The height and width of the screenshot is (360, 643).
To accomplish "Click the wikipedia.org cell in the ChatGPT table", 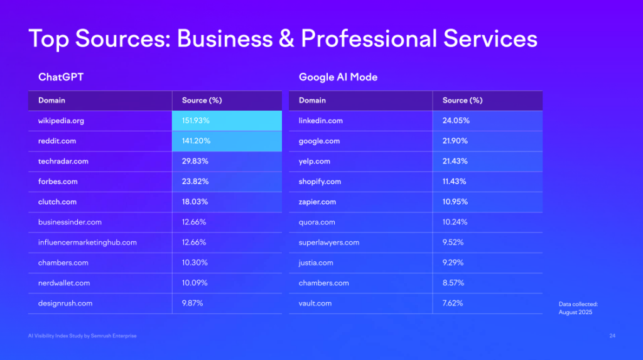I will (61, 121).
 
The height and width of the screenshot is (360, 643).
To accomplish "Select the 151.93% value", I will (195, 121).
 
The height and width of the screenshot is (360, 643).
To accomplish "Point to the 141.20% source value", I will (196, 141).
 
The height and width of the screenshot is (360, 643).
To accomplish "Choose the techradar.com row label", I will (63, 161).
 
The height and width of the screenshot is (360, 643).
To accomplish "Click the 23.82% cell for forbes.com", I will (195, 182).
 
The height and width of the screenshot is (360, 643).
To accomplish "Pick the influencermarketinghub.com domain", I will (87, 243).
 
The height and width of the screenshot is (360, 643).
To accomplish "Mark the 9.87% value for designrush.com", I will (193, 303).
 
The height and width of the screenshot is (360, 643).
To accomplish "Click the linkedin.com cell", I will (321, 121).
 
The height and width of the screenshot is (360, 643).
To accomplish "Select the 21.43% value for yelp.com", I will (455, 161).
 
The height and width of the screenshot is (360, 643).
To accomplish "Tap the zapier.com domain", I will (317, 202).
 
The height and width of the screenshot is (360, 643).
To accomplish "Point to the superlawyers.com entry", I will (329, 243).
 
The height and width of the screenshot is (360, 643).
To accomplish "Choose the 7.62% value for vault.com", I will (453, 303).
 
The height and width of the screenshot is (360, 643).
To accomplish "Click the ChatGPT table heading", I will (61, 77).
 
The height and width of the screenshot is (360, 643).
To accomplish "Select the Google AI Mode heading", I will (338, 77).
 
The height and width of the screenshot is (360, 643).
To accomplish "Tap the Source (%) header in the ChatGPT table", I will (202, 101).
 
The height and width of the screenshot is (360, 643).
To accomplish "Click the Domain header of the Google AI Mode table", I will (312, 101).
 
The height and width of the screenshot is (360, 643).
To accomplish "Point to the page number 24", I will (612, 336).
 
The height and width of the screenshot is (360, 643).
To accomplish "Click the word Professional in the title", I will (369, 38).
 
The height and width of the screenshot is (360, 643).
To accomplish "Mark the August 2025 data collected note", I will (575, 312).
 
